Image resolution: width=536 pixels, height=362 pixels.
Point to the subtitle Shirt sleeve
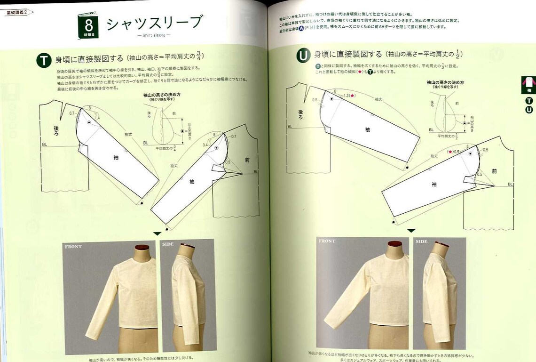tap(154, 35)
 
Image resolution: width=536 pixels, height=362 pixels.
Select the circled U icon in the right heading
tap(303, 56)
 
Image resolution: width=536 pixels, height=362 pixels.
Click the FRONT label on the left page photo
tap(73, 246)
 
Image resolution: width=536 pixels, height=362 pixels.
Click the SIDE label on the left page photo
tap(168, 244)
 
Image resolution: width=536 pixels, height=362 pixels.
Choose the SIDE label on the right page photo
tap(422, 241)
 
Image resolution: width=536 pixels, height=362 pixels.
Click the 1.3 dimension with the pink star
tap(348, 96)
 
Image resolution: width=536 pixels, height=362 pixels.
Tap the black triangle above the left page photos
tap(157, 233)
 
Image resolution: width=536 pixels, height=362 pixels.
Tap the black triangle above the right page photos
tap(411, 231)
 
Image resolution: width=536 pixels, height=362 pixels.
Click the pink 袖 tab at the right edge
tap(528, 85)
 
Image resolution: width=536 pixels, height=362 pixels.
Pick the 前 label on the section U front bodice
tap(494, 171)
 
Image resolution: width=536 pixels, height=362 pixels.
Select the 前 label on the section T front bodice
tap(247, 160)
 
